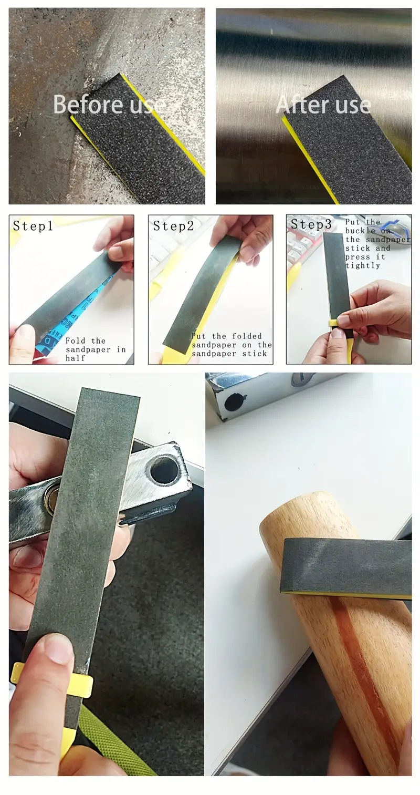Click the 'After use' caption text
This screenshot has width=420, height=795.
pos(323,105)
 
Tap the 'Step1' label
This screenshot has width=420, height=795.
pos(33,226)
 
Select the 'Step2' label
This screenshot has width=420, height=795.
pos(173,226)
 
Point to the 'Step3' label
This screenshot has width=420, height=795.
pos(311,224)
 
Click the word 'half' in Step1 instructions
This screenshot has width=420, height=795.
pos(75,358)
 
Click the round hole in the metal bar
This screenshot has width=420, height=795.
pos(163,472)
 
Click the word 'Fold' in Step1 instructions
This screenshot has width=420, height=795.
pos(75,340)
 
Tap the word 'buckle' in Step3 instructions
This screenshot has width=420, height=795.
pos(360,231)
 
